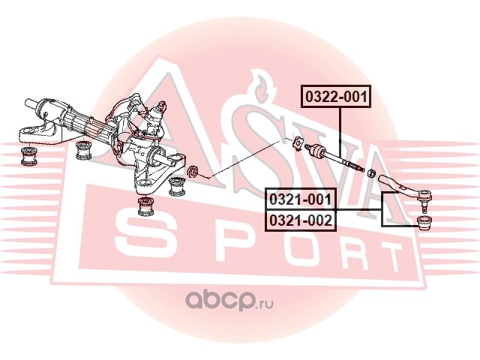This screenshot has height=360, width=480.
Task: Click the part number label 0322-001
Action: click(337, 96)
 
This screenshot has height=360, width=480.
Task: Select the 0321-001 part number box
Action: click(300, 199)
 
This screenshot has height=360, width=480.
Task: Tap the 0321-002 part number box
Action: click(300, 220)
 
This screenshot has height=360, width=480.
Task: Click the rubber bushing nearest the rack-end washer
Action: click(178, 185)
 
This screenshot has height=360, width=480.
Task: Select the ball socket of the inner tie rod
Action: click(316, 148)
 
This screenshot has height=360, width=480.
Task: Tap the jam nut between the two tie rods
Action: click(370, 173)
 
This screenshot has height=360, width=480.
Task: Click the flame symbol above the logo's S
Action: click(259, 86)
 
